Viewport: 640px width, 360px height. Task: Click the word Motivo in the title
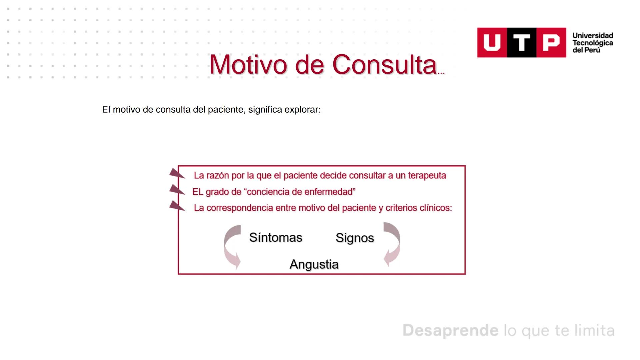pyautogui.click(x=248, y=64)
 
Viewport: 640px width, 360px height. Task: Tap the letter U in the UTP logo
pyautogui.click(x=492, y=43)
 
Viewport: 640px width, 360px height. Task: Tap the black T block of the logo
pyautogui.click(x=522, y=43)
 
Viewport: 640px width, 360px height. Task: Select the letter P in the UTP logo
pyautogui.click(x=551, y=43)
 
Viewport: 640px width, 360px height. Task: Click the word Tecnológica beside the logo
pyautogui.click(x=593, y=43)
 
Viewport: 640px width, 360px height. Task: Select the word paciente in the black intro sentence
pyautogui.click(x=226, y=110)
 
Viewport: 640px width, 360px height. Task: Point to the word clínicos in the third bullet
pyautogui.click(x=435, y=208)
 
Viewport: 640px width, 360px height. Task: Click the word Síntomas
pyautogui.click(x=275, y=238)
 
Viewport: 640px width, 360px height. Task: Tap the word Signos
pyautogui.click(x=354, y=238)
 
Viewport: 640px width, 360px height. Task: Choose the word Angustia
pyautogui.click(x=314, y=264)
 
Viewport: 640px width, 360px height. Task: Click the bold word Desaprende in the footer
pyautogui.click(x=450, y=330)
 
